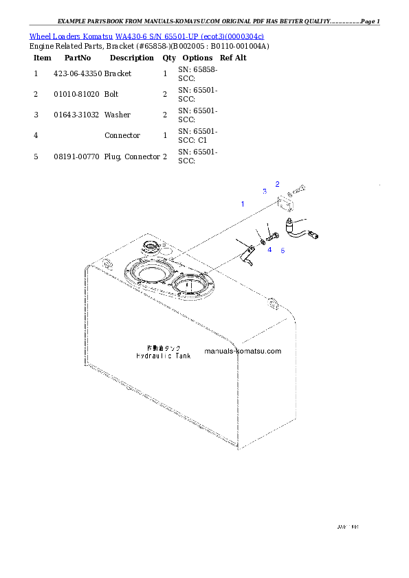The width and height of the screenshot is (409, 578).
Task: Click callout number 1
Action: click(242, 204)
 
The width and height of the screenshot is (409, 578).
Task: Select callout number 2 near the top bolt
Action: click(278, 183)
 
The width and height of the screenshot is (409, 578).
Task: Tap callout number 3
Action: click(265, 191)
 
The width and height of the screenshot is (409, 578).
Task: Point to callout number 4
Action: click(269, 250)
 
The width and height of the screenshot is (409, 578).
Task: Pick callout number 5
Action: click(283, 250)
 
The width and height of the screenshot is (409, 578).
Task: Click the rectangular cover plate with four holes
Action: click(286, 204)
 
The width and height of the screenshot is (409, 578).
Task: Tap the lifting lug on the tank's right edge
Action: click(273, 303)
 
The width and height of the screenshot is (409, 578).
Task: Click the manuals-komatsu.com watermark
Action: click(243, 351)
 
